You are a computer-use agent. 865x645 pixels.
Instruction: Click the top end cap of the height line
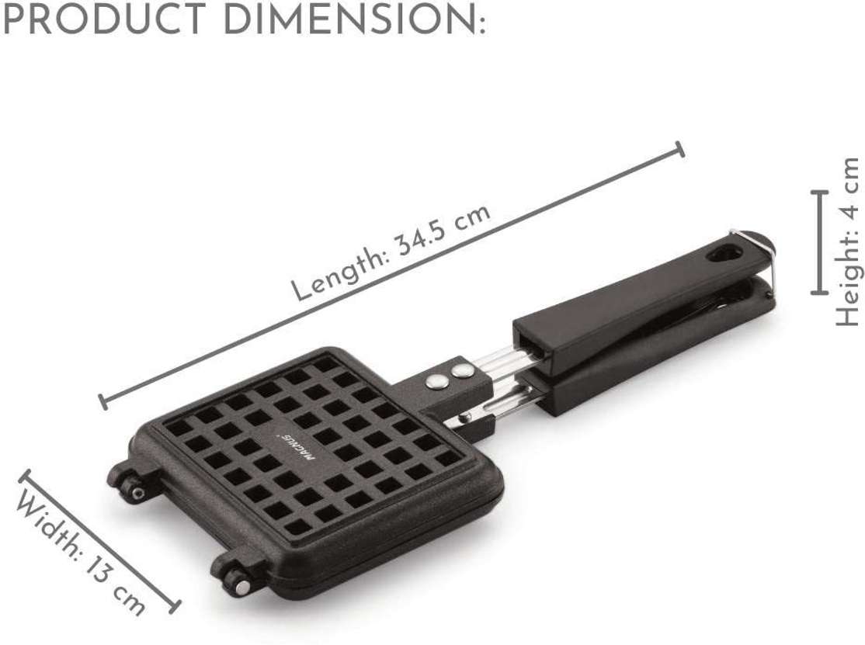pos(819,191)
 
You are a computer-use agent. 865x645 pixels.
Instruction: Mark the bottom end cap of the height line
pos(819,293)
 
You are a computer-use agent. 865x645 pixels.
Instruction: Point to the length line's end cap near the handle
pos(680,149)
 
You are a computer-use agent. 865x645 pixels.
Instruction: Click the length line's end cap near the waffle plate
pos(102,401)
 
